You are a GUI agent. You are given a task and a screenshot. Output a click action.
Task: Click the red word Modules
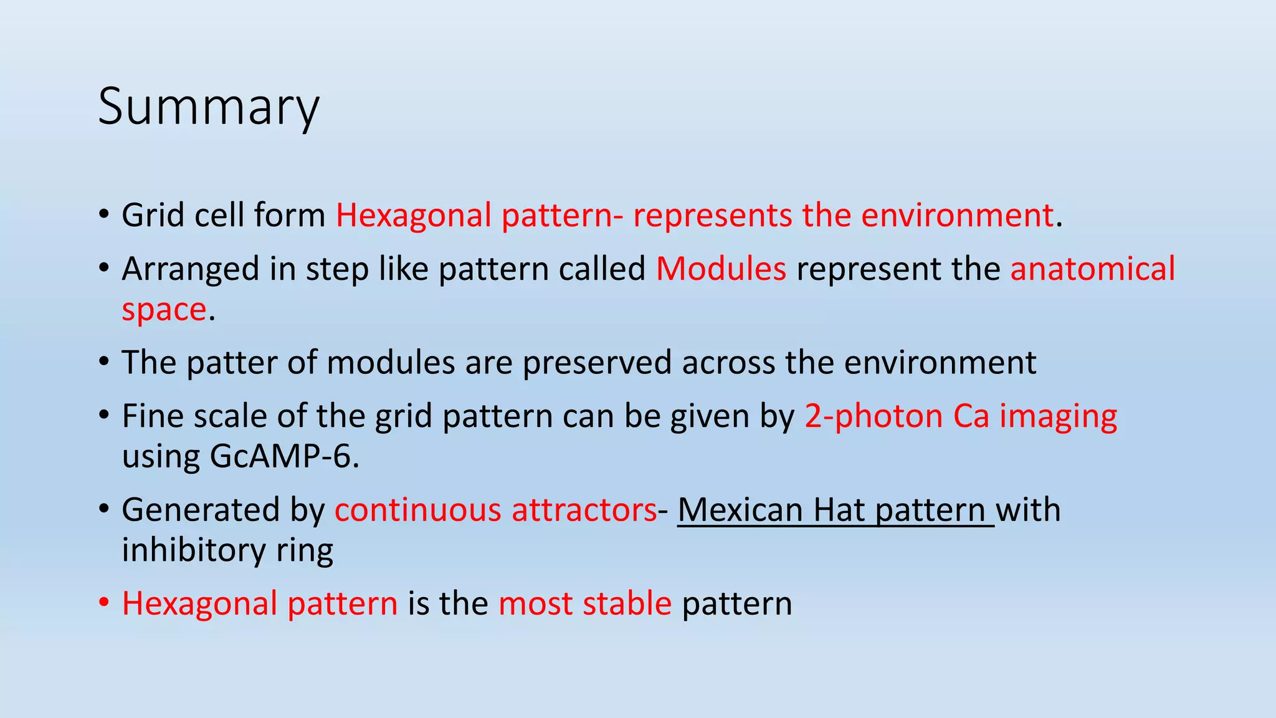721,269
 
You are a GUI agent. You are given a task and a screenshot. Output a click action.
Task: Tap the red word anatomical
1092,269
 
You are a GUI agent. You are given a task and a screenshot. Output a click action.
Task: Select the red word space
164,310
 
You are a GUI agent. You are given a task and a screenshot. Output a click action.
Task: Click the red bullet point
104,603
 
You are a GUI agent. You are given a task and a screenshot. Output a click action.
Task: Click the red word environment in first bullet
957,216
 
